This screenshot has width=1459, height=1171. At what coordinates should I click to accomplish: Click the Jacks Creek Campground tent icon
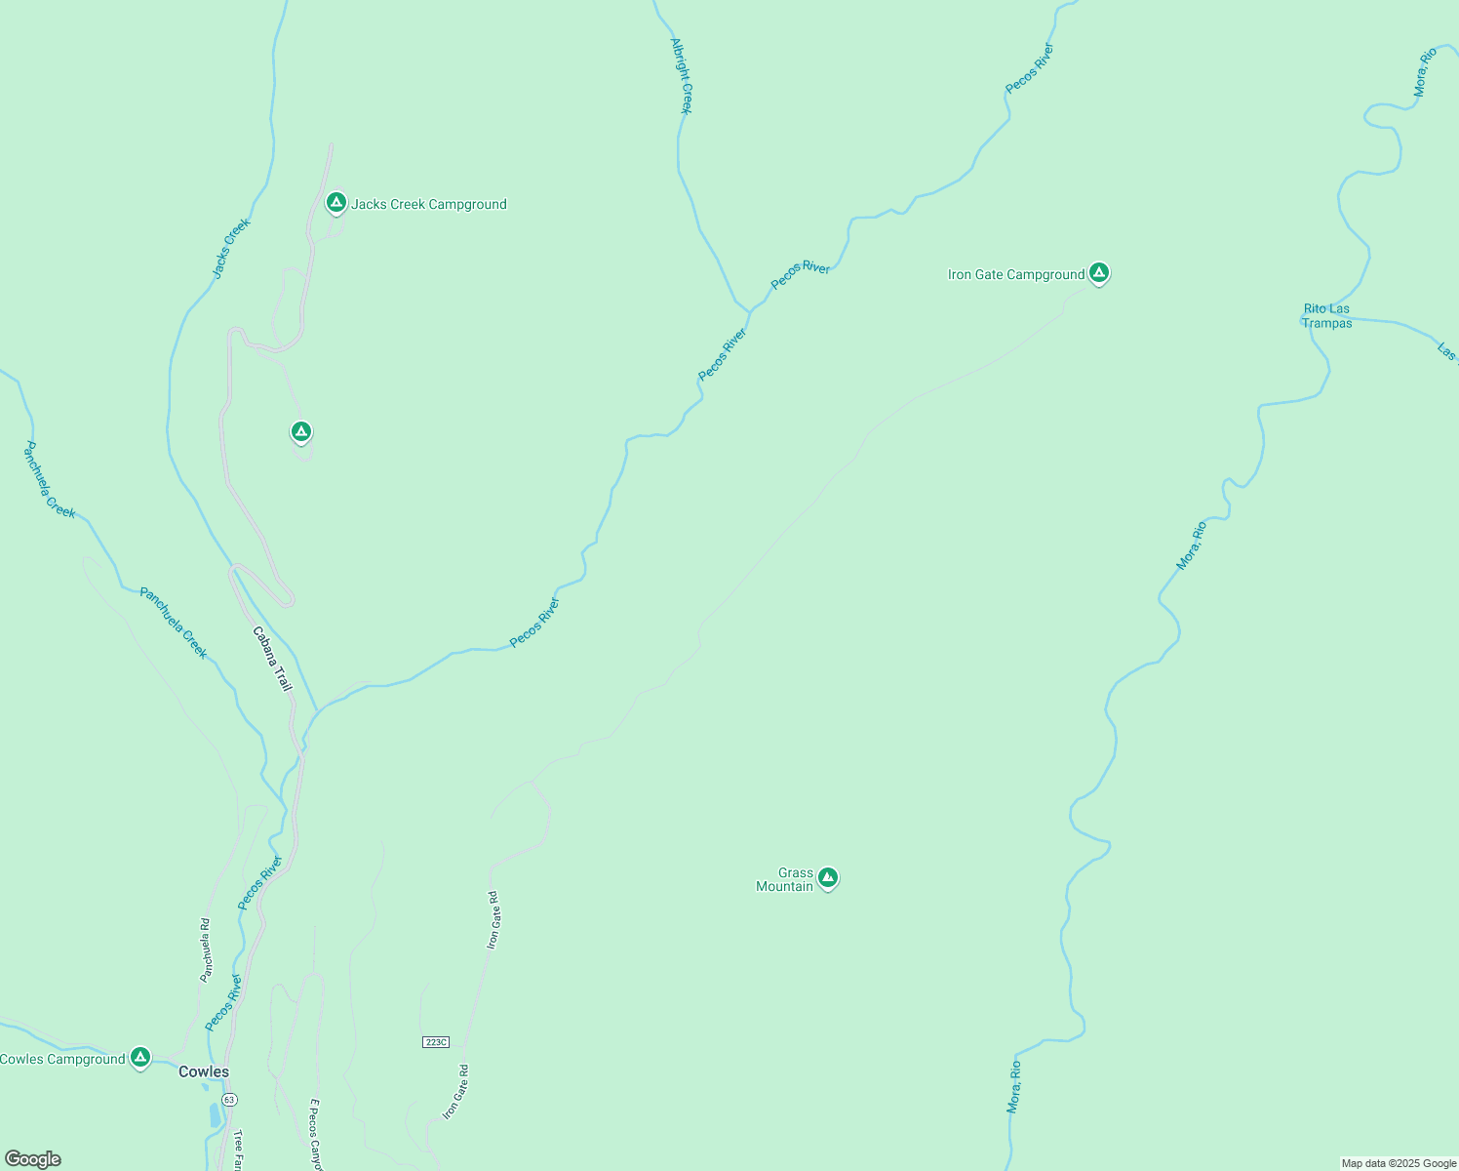336,203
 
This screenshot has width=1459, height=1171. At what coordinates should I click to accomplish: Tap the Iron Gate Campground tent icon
1099,273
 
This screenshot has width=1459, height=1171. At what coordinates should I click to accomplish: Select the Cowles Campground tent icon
140,1058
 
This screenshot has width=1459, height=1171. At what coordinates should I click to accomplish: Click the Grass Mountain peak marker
828,879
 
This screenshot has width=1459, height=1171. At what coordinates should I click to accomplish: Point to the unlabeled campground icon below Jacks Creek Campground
301,431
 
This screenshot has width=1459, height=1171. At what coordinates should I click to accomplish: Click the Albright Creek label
682,76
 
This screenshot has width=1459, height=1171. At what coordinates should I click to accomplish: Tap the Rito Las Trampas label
1327,316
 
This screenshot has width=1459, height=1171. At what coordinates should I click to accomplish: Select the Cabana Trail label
272,659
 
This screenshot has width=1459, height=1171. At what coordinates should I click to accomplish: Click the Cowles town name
204,1071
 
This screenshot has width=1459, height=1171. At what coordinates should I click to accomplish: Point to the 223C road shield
436,1042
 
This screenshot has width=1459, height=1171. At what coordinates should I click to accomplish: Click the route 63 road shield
229,1099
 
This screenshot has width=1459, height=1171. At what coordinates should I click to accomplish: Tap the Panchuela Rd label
205,949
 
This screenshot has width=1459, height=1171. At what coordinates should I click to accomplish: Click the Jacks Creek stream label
232,248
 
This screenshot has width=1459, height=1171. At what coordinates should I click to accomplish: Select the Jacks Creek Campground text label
429,204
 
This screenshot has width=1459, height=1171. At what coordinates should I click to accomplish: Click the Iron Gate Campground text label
1016,274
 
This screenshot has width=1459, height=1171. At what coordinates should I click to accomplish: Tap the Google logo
33,1159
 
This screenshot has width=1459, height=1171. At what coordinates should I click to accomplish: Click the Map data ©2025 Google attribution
1399,1163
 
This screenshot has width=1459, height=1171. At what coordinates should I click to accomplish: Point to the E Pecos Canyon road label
315,1135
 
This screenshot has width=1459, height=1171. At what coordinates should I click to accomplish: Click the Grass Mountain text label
786,879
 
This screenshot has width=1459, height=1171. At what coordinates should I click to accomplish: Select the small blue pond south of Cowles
215,1115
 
